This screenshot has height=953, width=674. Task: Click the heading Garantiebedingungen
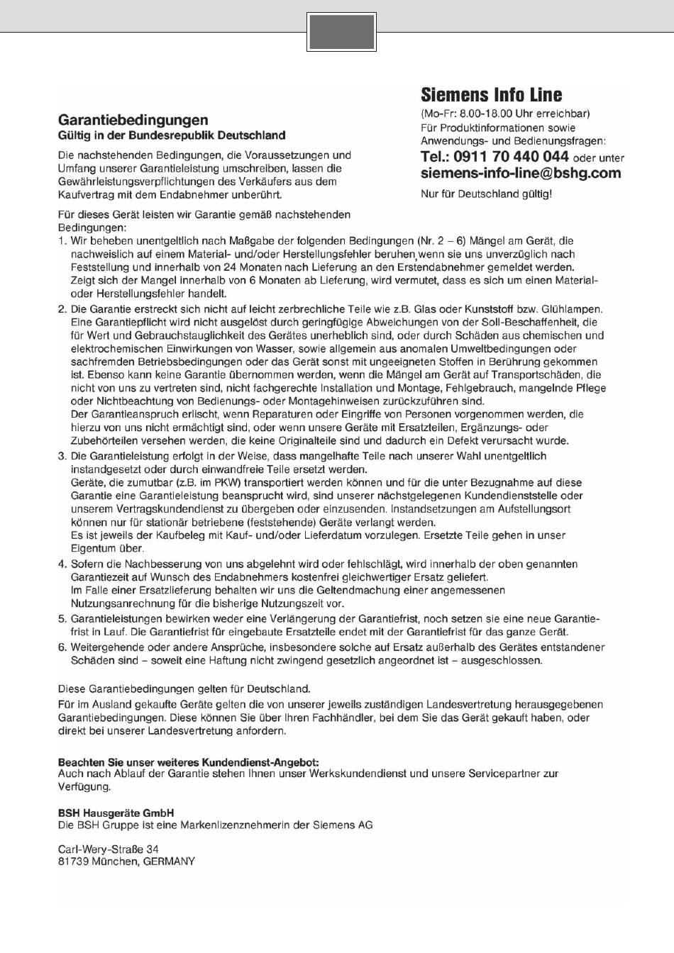coord(133,120)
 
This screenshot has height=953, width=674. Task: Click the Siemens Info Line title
coord(491,95)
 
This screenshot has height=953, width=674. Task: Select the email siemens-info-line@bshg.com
coord(520,173)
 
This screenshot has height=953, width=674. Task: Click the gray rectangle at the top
coord(341,32)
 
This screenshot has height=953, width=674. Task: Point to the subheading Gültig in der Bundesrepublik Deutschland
coord(171,135)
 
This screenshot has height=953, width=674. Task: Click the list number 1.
coord(62,241)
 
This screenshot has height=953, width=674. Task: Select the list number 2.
coord(62,309)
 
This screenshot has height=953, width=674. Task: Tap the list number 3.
coord(62,456)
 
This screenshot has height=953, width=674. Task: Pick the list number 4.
coord(62,564)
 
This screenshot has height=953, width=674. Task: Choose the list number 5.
coord(62,619)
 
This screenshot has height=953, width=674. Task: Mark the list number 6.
coord(62,647)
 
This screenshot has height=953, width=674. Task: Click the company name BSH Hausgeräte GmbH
coord(116,813)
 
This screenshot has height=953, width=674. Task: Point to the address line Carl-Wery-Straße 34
coord(108,849)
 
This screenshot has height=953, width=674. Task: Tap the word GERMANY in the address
coord(169,862)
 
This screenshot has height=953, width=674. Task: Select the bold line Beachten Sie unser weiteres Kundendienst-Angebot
coord(188,762)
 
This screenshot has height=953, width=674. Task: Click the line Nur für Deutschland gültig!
coord(486,194)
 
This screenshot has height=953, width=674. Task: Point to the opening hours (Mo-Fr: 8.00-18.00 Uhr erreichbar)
coord(504,113)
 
